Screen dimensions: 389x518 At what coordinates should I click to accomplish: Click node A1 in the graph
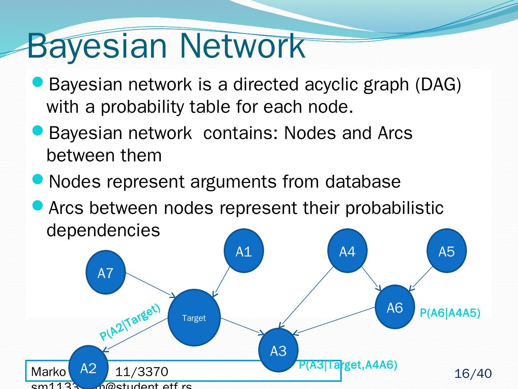244,251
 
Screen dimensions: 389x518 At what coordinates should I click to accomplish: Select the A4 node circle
347,251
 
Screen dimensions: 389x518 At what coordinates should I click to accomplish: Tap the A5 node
446,251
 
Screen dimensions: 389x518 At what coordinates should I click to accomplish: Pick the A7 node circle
105,273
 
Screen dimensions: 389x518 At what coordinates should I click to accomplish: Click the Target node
194,318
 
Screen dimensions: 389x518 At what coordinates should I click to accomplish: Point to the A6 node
395,307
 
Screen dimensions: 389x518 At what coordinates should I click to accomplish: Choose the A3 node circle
278,350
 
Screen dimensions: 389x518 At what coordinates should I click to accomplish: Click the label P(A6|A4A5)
450,313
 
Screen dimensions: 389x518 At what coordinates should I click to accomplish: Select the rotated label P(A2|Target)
129,322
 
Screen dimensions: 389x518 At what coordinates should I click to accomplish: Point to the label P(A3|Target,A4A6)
348,365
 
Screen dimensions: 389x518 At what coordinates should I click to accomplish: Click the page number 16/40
473,374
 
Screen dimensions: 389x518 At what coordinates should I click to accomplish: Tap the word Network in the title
242,46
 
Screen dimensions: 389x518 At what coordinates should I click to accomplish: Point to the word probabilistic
394,208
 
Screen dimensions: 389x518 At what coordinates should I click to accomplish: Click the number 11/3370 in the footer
141,371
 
